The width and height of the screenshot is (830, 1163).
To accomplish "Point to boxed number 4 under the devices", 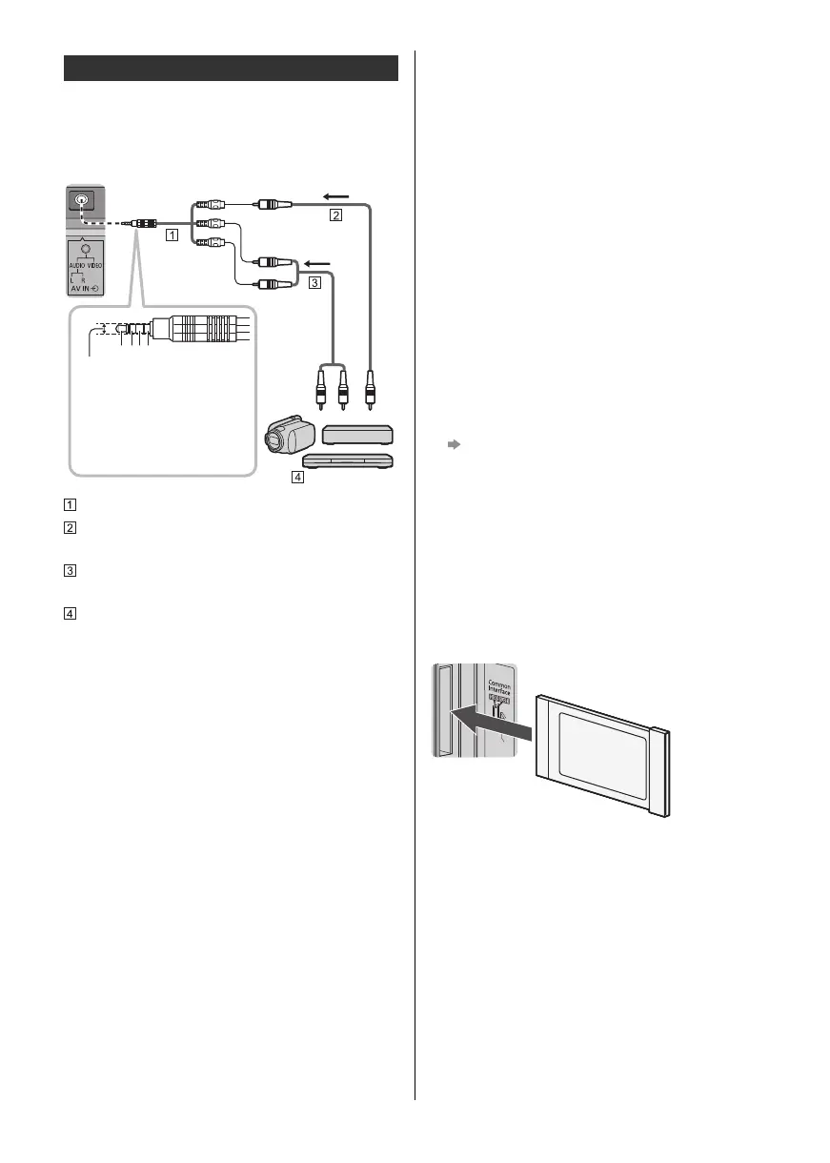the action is (x=298, y=479).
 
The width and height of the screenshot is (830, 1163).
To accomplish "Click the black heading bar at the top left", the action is (x=231, y=69).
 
